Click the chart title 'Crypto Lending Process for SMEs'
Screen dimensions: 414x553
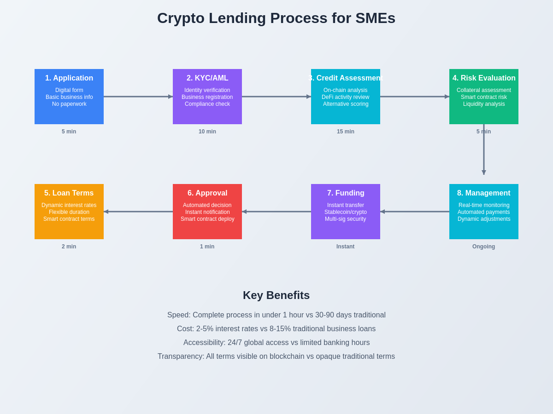point(276,18)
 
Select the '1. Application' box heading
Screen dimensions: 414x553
point(69,78)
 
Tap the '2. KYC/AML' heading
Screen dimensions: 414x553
point(207,78)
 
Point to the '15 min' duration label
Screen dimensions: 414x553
point(346,132)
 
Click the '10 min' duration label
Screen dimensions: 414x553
point(207,132)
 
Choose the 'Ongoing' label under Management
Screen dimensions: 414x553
point(483,247)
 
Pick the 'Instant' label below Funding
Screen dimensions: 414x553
point(346,247)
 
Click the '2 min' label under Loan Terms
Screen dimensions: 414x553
point(69,247)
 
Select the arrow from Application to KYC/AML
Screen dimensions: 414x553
point(138,97)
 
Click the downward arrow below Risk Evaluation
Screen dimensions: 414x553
point(484,149)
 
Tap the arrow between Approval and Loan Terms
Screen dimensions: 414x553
point(138,212)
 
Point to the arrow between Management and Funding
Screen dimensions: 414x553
point(415,212)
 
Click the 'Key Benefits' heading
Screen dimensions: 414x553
point(276,295)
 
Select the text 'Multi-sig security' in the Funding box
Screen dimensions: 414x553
point(346,219)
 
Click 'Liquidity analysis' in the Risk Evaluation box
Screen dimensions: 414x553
point(484,104)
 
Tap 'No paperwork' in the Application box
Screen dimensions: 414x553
point(69,104)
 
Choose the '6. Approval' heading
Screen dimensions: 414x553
point(207,193)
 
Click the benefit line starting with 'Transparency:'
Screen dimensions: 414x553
point(276,356)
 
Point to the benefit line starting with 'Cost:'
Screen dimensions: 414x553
point(276,329)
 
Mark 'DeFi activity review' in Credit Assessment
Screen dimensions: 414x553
point(346,97)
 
